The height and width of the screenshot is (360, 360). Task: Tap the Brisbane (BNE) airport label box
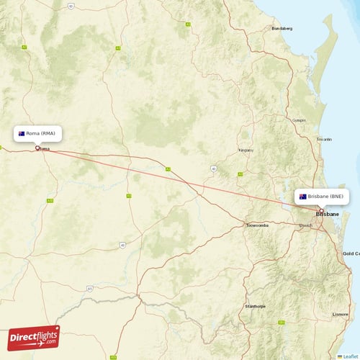point(323,196)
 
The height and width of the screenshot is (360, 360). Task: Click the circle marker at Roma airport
point(38,148)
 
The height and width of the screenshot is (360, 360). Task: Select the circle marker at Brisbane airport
point(321,210)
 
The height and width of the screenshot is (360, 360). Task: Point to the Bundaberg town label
point(282,29)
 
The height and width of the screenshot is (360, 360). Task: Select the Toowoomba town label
point(257,225)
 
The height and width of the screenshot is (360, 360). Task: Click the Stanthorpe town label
point(256,306)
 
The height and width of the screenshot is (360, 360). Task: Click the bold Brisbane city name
point(328,215)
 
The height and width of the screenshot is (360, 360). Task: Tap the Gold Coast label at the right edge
point(351,253)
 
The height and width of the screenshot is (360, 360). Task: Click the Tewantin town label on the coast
point(324,139)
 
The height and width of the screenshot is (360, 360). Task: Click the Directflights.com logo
point(34,337)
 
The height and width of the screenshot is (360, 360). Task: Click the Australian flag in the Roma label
point(22,133)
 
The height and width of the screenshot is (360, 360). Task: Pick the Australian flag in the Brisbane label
point(303,196)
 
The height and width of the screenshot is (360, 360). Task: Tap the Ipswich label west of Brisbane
point(306,225)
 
